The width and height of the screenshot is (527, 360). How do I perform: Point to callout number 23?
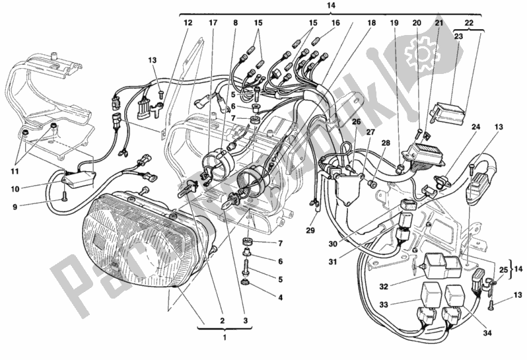tap(459, 38)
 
